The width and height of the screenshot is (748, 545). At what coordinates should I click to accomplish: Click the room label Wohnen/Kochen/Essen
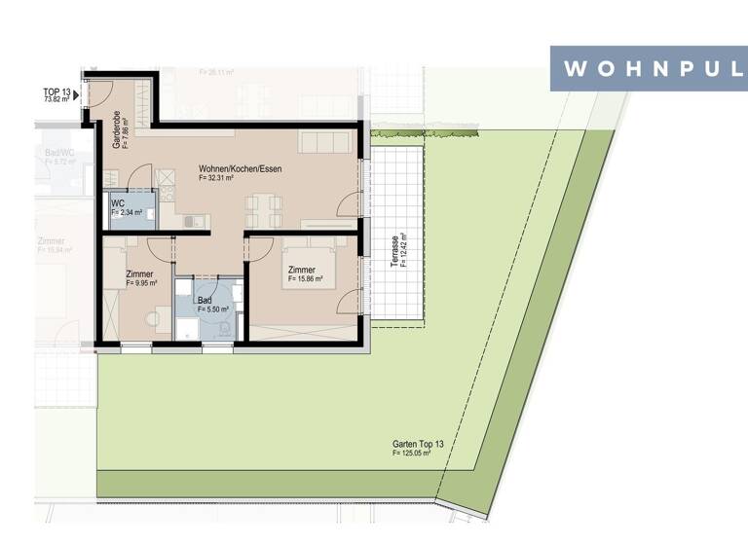(240, 168)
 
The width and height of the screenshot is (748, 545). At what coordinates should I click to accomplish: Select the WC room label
(117, 202)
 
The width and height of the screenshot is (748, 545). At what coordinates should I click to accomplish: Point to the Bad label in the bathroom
(204, 300)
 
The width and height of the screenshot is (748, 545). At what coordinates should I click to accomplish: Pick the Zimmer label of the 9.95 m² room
(139, 274)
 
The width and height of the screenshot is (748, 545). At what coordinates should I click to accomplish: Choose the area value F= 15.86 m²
(312, 279)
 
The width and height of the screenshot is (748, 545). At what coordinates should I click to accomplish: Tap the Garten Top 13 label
(418, 444)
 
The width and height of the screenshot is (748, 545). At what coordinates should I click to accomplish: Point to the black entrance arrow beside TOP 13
(76, 95)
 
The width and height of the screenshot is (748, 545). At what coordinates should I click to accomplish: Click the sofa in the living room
(328, 142)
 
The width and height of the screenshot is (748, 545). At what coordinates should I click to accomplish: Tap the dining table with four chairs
(264, 204)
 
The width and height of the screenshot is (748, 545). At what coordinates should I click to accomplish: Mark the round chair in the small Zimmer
(153, 317)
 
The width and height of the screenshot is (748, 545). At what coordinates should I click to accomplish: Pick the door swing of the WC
(139, 178)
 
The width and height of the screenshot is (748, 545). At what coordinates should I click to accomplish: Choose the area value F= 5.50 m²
(212, 309)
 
